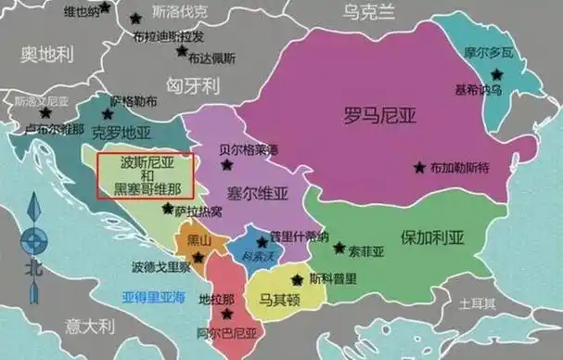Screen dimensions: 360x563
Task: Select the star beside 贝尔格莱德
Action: [227, 165]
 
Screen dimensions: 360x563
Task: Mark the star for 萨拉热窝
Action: [168, 210]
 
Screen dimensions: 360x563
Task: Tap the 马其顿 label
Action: [278, 299]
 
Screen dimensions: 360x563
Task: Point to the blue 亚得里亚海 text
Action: [154, 299]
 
